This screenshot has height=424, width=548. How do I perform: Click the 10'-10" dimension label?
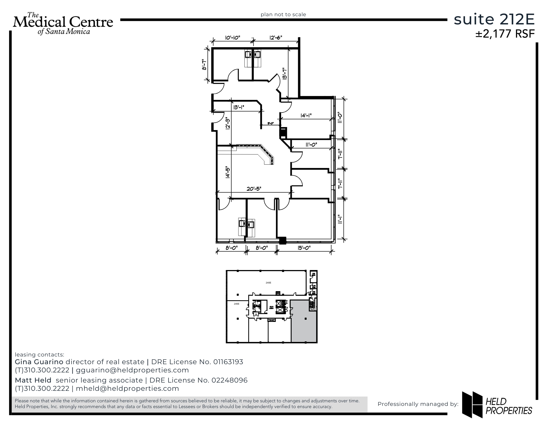232,38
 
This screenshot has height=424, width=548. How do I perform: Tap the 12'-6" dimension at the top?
276,38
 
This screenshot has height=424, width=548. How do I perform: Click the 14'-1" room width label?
306,116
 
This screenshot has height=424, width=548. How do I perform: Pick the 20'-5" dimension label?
254,189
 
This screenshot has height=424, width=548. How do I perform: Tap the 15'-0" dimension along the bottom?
304,248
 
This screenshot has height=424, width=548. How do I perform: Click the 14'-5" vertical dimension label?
227,172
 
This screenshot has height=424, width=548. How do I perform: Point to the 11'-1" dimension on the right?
340,219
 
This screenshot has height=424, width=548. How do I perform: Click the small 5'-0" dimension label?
270,123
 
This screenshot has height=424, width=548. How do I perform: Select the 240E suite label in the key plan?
268,283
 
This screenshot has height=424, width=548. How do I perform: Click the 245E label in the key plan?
236,304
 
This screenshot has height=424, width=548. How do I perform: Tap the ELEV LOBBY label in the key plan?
272,307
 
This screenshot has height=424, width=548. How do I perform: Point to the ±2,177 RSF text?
505,34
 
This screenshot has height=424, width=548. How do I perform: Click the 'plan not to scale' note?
283,15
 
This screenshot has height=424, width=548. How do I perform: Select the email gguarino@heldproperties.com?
132,370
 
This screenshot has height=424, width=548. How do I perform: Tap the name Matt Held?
33,380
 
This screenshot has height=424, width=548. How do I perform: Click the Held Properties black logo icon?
472,405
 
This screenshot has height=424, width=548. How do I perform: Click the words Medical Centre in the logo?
63,22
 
